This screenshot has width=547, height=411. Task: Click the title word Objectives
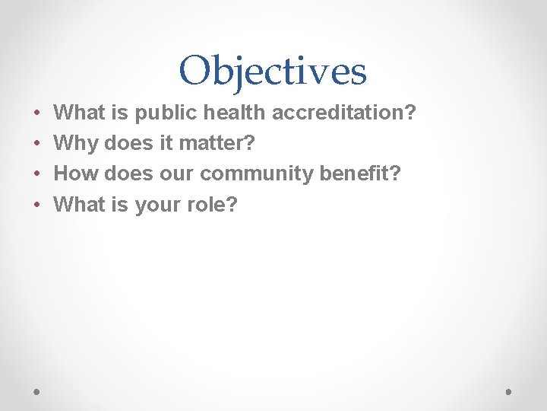tap(273, 71)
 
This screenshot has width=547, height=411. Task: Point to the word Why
tap(76, 143)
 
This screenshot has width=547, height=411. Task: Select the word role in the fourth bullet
tap(209, 204)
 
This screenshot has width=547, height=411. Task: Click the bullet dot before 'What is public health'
tap(37, 113)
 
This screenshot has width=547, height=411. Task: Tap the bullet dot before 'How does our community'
tap(37, 174)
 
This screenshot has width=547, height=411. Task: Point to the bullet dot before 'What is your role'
tap(37, 205)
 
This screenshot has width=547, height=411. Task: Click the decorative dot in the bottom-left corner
tap(37, 391)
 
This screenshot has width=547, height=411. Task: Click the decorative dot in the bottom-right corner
tap(508, 391)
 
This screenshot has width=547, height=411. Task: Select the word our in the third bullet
tap(177, 174)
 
